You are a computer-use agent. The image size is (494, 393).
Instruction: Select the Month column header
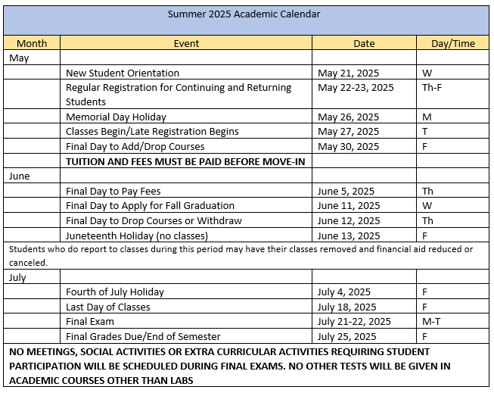click(32, 43)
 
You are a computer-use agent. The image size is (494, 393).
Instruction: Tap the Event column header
click(186, 43)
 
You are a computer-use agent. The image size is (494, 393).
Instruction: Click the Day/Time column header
click(452, 43)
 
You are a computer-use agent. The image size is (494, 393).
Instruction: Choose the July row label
click(18, 277)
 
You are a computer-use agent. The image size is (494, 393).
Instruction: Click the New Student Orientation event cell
click(123, 73)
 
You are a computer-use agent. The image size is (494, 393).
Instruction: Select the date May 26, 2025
click(348, 117)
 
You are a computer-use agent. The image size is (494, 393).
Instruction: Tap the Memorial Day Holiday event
click(116, 117)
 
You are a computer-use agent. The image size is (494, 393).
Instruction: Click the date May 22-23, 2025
click(356, 88)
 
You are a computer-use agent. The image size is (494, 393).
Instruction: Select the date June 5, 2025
click(346, 191)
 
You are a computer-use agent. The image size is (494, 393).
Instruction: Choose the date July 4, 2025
click(344, 292)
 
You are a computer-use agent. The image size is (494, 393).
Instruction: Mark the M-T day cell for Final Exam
click(431, 321)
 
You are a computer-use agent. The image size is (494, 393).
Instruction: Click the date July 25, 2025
click(346, 336)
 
